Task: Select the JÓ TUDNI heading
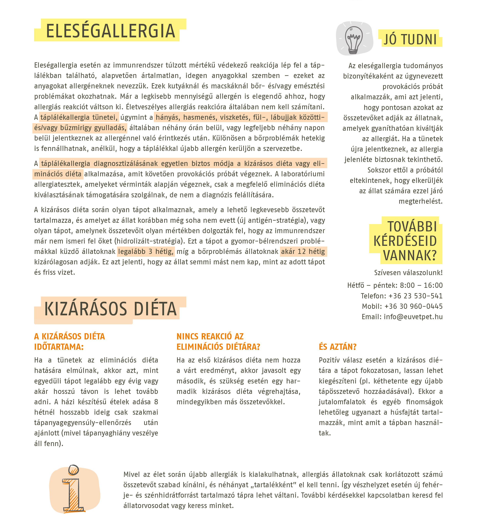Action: click(410, 40)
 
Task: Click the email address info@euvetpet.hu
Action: click(413, 317)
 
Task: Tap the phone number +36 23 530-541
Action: click(415, 296)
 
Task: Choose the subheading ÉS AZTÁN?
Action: click(338, 347)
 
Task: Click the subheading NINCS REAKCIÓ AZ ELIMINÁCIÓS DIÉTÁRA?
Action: click(218, 342)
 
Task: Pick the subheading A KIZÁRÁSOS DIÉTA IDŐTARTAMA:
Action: click(69, 342)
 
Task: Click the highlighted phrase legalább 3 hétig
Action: click(146, 252)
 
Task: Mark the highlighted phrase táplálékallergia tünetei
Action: click(79, 117)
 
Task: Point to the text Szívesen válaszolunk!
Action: click(408, 273)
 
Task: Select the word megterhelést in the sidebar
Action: click(420, 201)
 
